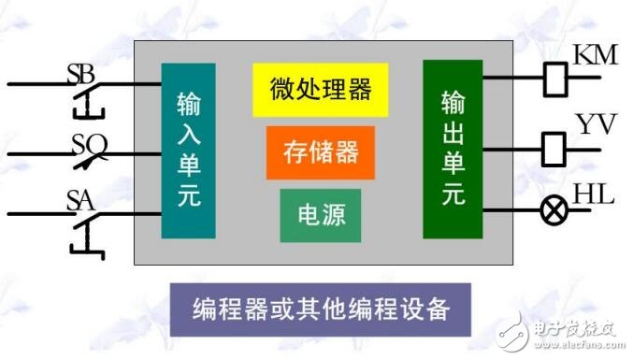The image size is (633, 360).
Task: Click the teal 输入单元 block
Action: [188, 150]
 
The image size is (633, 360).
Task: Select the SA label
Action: [81, 198]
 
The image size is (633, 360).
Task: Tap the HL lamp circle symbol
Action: [554, 211]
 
